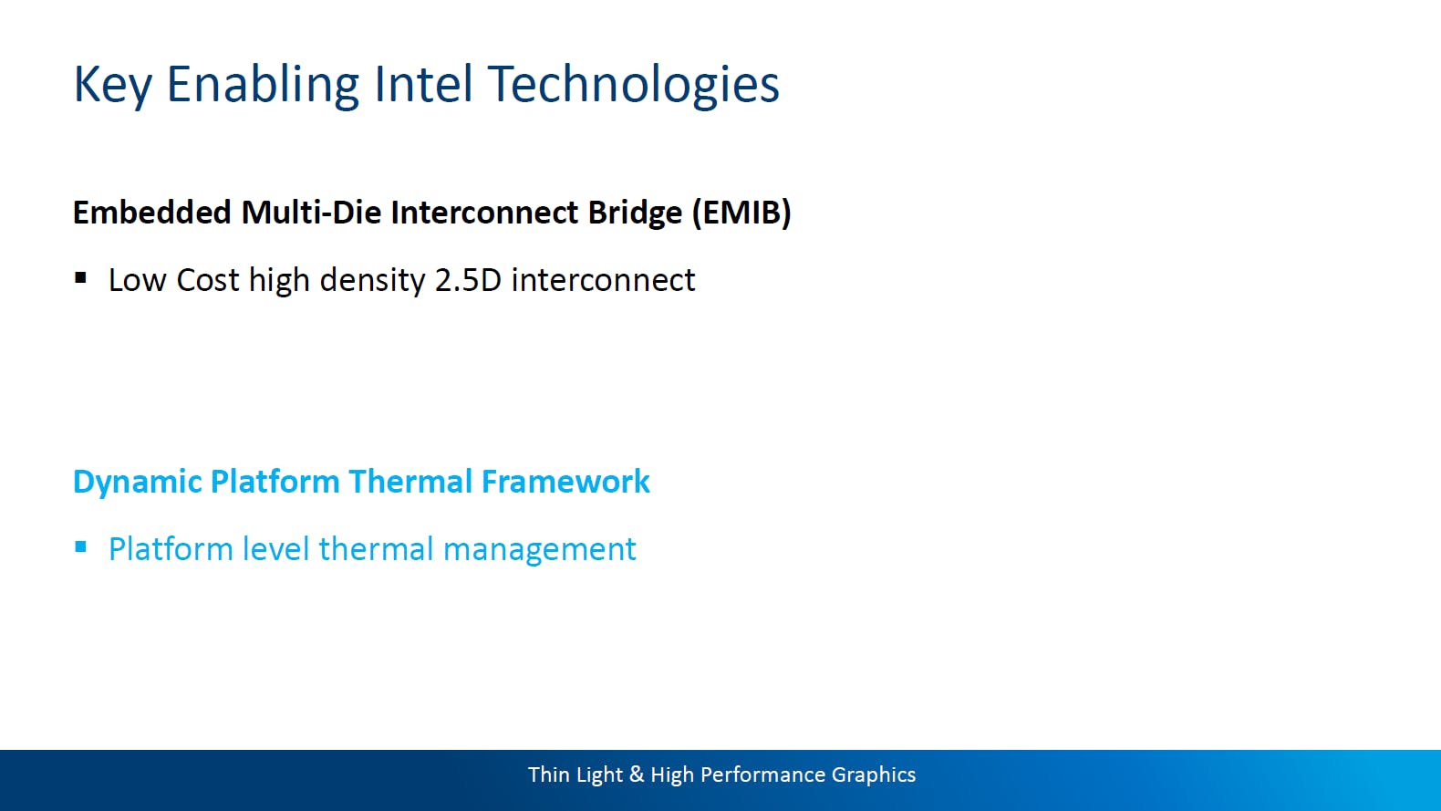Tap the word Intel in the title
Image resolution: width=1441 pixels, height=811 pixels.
point(423,84)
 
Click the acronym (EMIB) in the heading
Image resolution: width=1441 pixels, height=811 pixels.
point(741,213)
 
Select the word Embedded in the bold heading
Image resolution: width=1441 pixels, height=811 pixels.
point(151,213)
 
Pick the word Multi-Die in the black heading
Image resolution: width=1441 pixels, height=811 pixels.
point(311,213)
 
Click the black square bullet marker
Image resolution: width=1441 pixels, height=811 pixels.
point(80,278)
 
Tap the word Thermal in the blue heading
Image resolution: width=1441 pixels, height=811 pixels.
point(410,482)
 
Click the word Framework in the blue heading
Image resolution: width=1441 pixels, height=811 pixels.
point(566,482)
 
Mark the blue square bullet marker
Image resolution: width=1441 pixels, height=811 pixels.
point(80,547)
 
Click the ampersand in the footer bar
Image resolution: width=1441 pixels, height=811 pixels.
point(637,775)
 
